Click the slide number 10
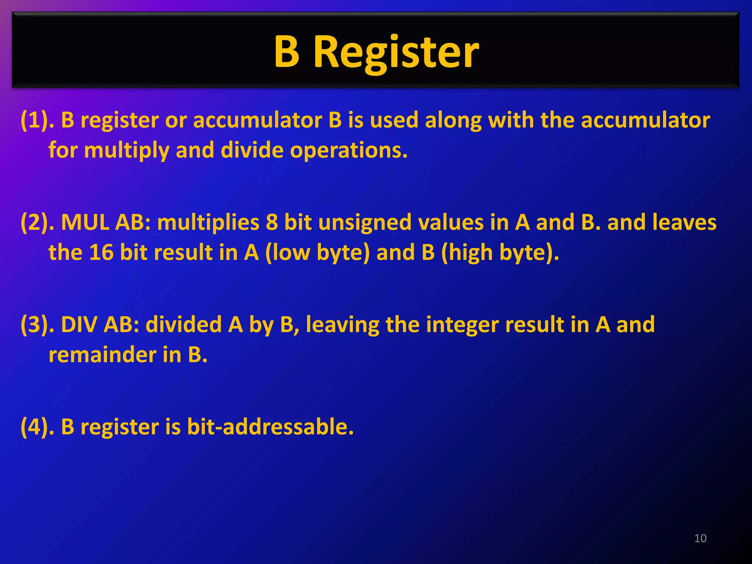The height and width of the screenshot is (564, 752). coord(700,538)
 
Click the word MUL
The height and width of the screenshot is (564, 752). coord(85,223)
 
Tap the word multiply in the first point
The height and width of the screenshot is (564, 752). coord(126,151)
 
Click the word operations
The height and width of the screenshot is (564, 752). coord(349,151)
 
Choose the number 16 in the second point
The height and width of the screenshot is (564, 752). coord(101,253)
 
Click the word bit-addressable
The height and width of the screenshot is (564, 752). coord(270,427)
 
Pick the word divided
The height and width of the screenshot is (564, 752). coord(183,325)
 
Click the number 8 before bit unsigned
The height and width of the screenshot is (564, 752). coord(272,223)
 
